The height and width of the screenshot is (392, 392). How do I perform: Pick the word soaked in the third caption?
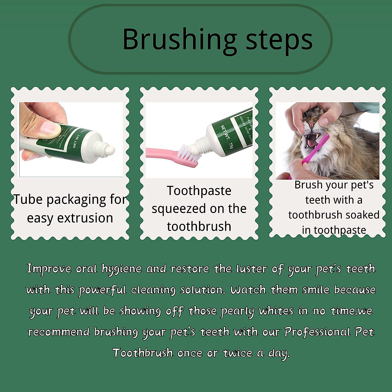pyautogui.click(x=364, y=215)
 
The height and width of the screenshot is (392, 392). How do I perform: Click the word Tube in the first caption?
pyautogui.click(x=27, y=200)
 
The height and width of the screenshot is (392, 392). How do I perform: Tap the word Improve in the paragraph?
pyautogui.click(x=49, y=269)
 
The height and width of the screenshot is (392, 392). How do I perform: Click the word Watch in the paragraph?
pyautogui.click(x=248, y=290)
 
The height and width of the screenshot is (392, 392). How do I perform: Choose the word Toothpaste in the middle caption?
pyautogui.click(x=199, y=191)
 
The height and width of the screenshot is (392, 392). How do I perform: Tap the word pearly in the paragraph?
pyautogui.click(x=237, y=311)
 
